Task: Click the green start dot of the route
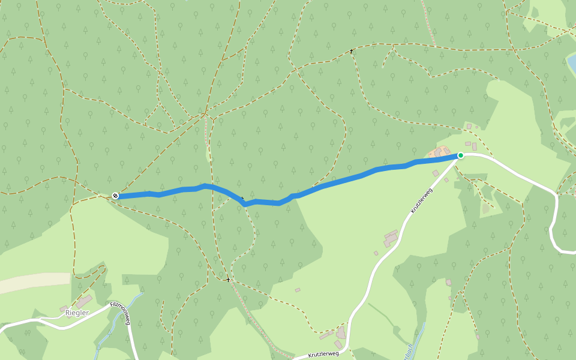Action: [461, 155]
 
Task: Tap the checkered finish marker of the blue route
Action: [115, 196]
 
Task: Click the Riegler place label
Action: [77, 313]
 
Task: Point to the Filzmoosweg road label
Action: [121, 313]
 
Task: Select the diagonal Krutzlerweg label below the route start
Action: [422, 200]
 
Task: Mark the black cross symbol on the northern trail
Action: [352, 52]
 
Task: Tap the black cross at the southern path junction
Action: [228, 280]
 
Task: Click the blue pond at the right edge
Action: [572, 62]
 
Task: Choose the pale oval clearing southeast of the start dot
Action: [485, 209]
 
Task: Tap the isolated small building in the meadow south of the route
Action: [298, 290]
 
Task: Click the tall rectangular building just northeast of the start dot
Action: [474, 146]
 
